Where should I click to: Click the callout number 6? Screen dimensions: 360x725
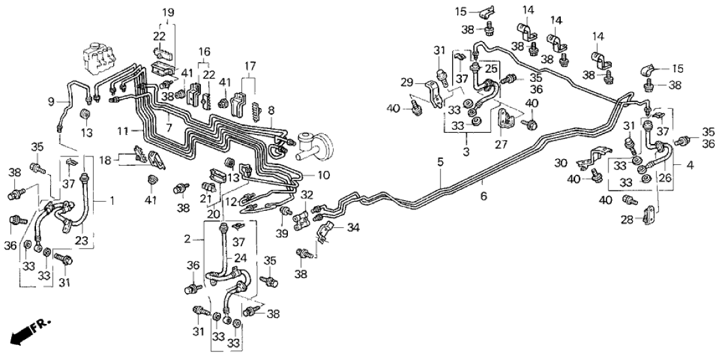484,196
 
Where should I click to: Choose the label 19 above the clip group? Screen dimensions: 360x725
168,12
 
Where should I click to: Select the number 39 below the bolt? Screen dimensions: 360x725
283,234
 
